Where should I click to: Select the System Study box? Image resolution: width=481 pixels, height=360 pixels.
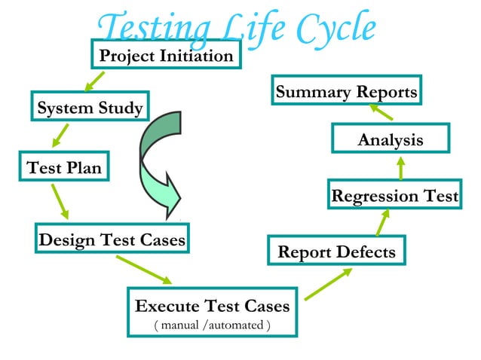90,108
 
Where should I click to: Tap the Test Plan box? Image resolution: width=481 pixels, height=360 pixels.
63,168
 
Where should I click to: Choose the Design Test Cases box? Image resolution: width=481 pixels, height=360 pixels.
112,240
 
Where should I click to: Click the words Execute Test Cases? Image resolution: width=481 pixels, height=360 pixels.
211,307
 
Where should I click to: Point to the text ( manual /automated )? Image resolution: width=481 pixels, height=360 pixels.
211,325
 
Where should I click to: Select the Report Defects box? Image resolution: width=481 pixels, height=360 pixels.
336,252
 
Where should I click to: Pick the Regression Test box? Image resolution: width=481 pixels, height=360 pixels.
394,197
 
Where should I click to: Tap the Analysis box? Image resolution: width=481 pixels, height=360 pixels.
390,140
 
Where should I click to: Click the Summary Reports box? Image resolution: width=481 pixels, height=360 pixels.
346,93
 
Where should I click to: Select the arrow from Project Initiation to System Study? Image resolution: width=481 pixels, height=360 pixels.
94,80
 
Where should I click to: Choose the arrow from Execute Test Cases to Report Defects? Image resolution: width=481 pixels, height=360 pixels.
328,282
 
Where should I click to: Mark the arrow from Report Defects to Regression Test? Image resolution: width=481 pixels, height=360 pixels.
382,222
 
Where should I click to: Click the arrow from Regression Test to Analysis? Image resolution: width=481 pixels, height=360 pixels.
401,167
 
